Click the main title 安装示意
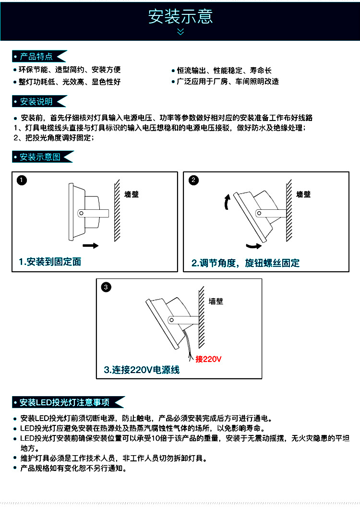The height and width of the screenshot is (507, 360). (x=180, y=16)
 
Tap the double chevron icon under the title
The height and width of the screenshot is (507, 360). (x=180, y=31)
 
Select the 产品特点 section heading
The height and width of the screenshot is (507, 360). (x=36, y=57)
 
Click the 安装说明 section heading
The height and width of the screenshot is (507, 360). (x=36, y=101)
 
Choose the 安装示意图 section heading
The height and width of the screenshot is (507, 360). (x=40, y=157)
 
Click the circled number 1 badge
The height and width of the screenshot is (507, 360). (x=22, y=180)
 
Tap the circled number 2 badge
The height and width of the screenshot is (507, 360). (x=193, y=180)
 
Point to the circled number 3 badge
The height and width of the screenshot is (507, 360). (x=106, y=287)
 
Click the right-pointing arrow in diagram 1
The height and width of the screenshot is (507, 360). (x=91, y=246)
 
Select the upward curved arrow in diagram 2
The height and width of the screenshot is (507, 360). (x=227, y=202)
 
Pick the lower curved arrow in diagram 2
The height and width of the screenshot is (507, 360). (x=254, y=246)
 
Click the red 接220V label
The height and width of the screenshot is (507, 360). (x=208, y=359)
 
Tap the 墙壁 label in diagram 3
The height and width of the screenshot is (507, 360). (x=216, y=302)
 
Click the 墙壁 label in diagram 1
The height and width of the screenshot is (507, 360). (x=132, y=194)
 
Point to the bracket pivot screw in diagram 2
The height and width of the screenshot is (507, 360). (x=259, y=213)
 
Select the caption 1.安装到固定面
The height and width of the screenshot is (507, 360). (x=50, y=262)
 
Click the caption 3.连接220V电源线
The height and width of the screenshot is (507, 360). (x=142, y=370)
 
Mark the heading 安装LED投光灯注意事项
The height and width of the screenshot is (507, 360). (x=65, y=402)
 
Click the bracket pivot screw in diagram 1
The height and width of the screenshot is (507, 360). (x=82, y=213)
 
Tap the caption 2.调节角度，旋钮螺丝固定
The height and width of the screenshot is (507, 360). (x=246, y=263)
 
